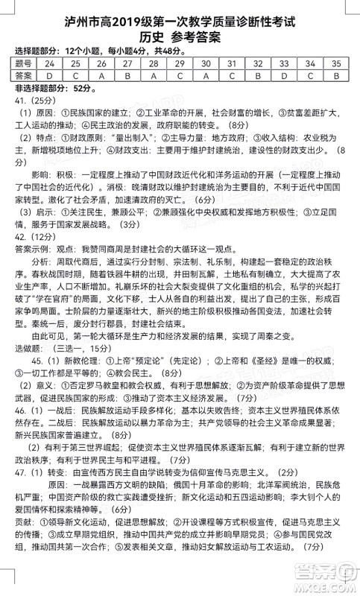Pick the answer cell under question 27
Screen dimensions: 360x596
pyautogui.click(x=127, y=75)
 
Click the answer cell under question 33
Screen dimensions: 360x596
pyautogui.click(x=284, y=75)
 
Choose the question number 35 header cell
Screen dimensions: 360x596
pyautogui.click(x=336, y=64)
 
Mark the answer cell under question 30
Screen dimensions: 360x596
pyautogui.click(x=206, y=75)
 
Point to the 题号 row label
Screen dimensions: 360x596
pyautogui.click(x=23, y=64)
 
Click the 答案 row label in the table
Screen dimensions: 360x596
pyautogui.click(x=23, y=75)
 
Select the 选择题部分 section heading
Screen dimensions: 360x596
pyautogui.click(x=36, y=51)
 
